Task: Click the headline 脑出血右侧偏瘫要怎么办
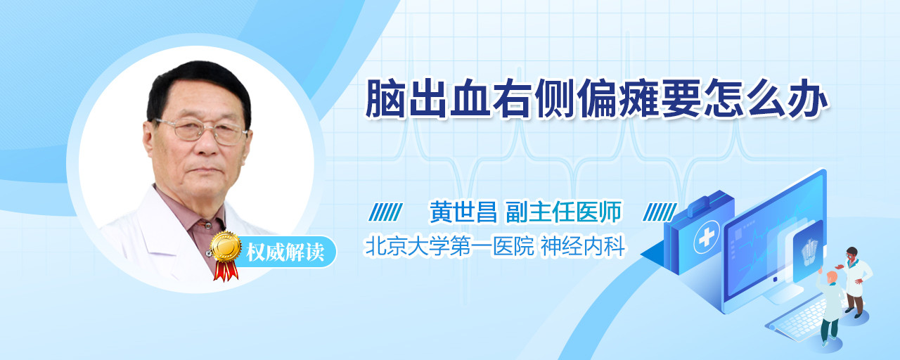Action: click(x=597, y=98)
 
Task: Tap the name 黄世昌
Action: click(x=463, y=212)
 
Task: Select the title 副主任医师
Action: click(x=564, y=212)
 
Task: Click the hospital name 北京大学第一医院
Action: click(x=450, y=246)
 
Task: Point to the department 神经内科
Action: click(x=584, y=246)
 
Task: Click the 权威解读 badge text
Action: click(x=285, y=252)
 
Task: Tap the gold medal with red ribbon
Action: click(x=226, y=255)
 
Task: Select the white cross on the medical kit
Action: click(x=707, y=238)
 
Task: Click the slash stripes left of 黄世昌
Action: click(x=386, y=212)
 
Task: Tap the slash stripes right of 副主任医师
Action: click(x=660, y=212)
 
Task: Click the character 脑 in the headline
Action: click(x=385, y=98)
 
